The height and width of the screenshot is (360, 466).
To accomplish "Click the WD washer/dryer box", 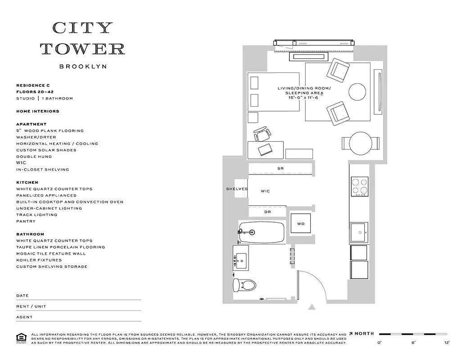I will point(300,224).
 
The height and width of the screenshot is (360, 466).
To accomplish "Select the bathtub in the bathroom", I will point(262,232).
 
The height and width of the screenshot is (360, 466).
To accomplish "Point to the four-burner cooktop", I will point(359,187).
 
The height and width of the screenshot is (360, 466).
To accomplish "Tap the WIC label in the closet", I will point(266,191).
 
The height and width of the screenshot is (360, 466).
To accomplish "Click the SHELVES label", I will point(237,189).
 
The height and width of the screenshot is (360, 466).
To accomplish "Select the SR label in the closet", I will point(280,168).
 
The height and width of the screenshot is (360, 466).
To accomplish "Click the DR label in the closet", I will point(267,211).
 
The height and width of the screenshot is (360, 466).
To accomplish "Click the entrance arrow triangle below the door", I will point(312,307).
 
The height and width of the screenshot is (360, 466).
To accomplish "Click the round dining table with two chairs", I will point(360,143).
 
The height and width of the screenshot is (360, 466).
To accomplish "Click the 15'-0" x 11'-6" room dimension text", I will point(303,98).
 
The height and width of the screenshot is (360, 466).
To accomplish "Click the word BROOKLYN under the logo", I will point(83,67).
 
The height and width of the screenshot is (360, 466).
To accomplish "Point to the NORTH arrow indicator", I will point(362,333).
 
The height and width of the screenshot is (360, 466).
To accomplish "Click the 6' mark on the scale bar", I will point(413,343).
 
